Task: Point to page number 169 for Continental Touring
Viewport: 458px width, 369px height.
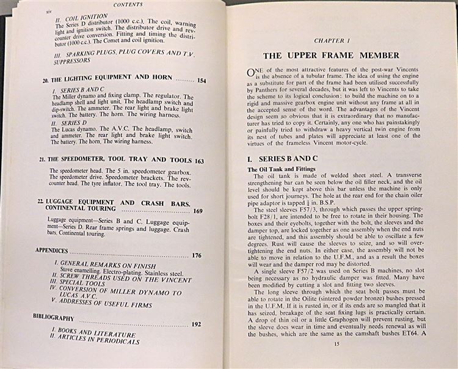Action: (198, 211)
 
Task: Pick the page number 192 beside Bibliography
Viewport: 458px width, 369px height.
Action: (195, 324)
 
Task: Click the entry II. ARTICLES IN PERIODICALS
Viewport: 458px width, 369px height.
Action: (100, 340)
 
